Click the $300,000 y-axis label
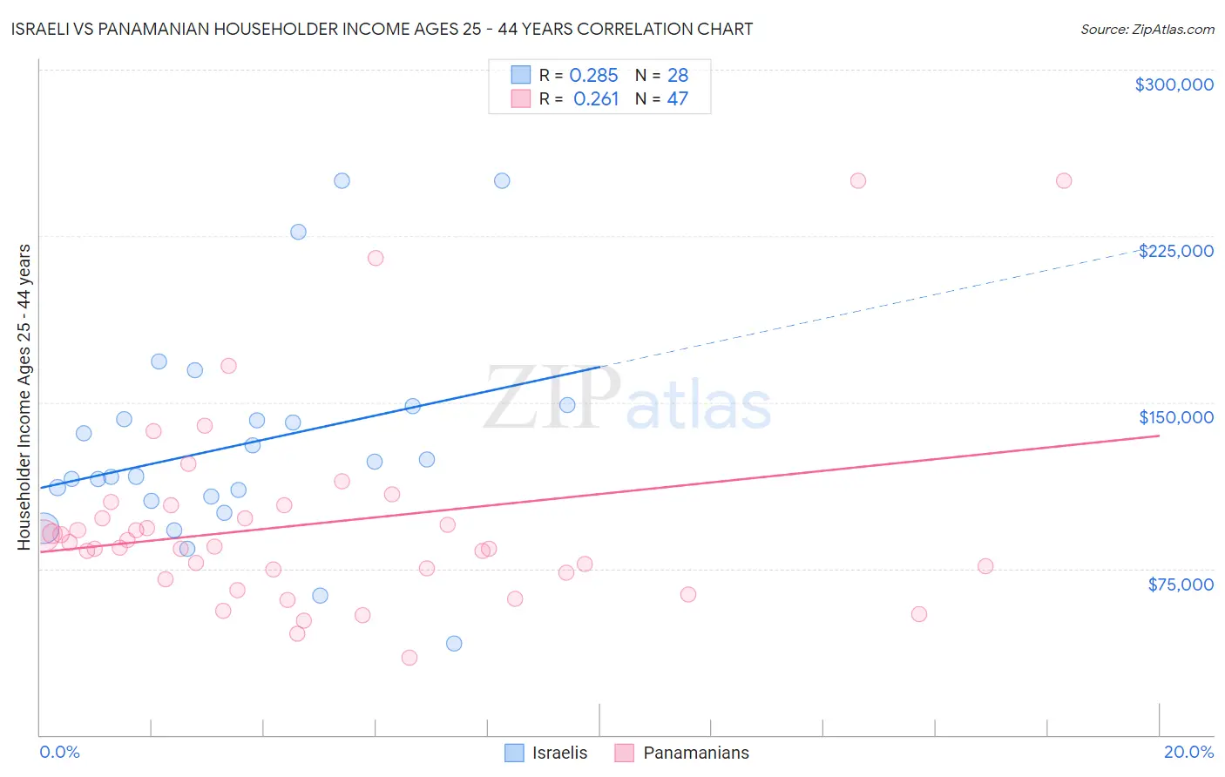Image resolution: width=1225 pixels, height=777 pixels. click(1174, 84)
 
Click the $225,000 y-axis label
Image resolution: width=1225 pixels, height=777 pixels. click(1175, 251)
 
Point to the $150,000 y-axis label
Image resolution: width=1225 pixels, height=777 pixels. click(1175, 417)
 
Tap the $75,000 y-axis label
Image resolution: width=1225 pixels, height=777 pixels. click(1181, 584)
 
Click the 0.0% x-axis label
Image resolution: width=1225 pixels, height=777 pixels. click(59, 752)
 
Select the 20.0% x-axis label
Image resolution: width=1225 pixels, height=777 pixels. click(1188, 752)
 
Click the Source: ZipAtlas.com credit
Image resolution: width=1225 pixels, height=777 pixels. click(1147, 29)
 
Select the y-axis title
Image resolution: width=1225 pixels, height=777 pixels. click(24, 396)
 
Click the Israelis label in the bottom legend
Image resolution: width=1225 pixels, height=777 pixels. click(559, 753)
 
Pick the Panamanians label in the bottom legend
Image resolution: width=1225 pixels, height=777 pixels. click(695, 753)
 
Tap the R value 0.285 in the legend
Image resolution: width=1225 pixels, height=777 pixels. click(593, 76)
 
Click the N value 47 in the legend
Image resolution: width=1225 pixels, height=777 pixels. click(677, 99)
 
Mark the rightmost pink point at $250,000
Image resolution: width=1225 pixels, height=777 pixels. click(1063, 181)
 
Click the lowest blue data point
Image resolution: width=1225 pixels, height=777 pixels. click(454, 644)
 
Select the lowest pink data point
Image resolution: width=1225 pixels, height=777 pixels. click(409, 658)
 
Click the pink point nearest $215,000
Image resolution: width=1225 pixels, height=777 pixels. click(376, 258)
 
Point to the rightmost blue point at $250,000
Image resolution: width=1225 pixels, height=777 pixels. click(502, 181)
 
